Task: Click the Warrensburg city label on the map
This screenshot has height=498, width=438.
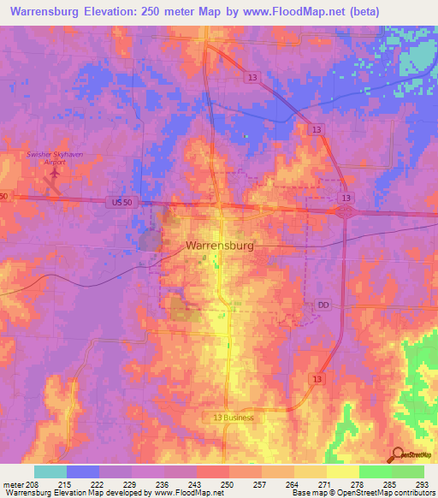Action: click(x=219, y=246)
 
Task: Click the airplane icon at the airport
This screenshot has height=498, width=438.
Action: click(x=55, y=174)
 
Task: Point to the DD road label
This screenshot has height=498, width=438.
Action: click(x=323, y=304)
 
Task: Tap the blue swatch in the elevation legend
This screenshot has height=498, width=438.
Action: click(x=83, y=471)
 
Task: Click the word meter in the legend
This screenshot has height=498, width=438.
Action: click(x=13, y=484)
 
